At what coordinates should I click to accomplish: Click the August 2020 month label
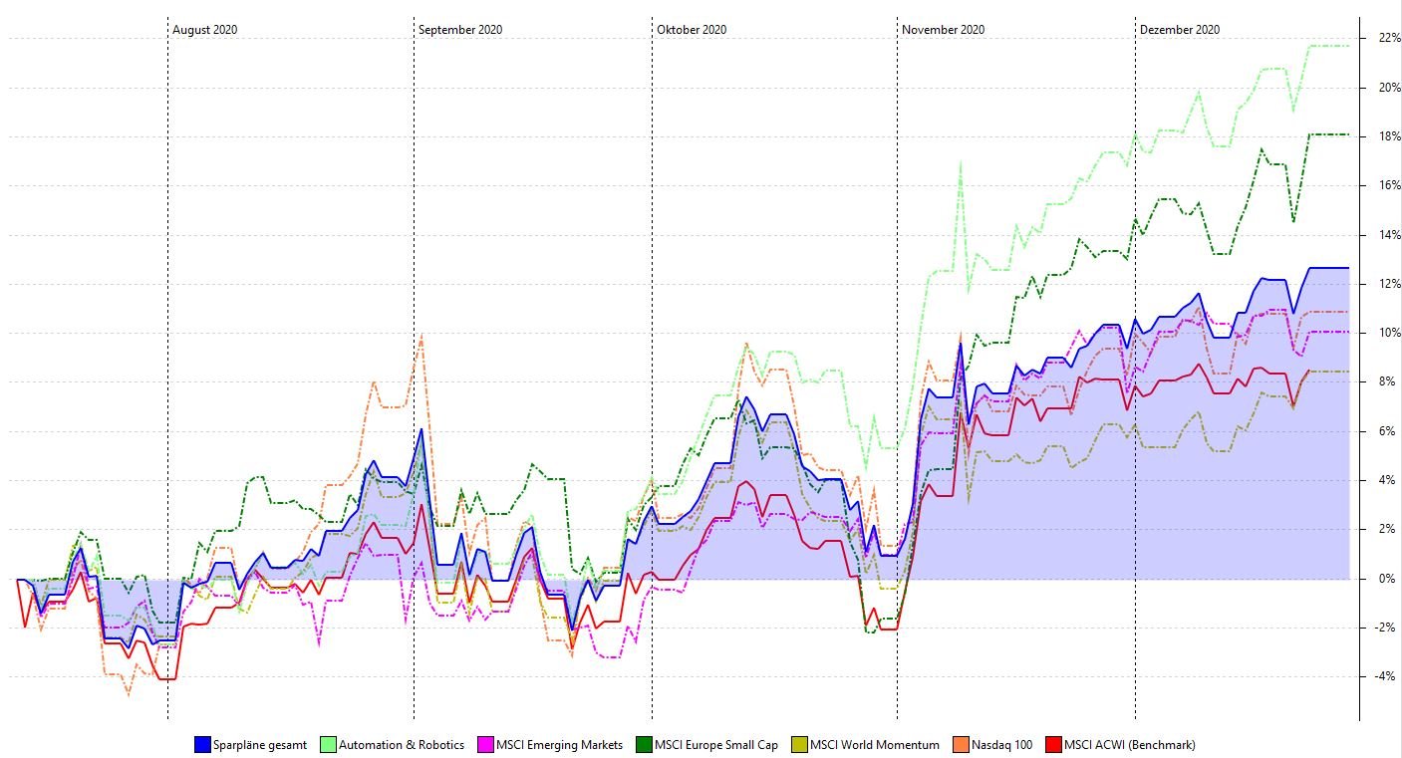(x=204, y=30)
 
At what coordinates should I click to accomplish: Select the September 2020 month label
(x=459, y=30)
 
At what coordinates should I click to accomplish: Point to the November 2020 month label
(x=943, y=30)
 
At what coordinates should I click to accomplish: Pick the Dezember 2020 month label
(x=1179, y=30)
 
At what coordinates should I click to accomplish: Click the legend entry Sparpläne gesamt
(x=259, y=744)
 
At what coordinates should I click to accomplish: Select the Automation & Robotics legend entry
(x=401, y=744)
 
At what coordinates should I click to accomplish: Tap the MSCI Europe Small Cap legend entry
(x=715, y=744)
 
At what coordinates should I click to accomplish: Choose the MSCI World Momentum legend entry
(x=874, y=744)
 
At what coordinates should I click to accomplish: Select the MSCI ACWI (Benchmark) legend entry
(x=1129, y=744)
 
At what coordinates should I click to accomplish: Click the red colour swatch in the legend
(x=1053, y=744)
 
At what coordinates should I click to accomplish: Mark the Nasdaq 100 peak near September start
(x=421, y=335)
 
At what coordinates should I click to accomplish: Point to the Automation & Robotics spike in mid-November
(x=961, y=162)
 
